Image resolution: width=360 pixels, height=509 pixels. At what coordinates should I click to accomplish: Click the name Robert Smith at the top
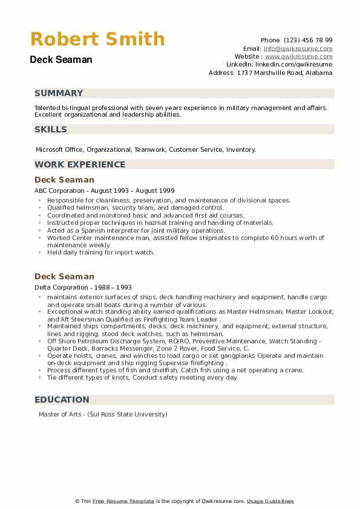click(97, 39)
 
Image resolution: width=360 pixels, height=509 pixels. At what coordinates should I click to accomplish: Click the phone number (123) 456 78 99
click(308, 40)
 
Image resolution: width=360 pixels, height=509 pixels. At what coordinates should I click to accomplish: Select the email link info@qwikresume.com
click(298, 48)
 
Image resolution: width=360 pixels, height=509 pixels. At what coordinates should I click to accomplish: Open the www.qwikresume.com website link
click(299, 56)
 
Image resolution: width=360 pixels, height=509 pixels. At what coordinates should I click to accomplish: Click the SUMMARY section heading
click(59, 93)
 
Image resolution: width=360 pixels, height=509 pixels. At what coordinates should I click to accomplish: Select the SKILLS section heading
click(51, 129)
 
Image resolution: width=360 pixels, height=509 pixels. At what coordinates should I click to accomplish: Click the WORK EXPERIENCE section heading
click(80, 164)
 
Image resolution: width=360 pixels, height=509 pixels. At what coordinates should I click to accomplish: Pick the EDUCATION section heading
click(62, 400)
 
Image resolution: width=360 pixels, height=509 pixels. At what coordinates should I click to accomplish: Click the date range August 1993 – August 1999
click(126, 190)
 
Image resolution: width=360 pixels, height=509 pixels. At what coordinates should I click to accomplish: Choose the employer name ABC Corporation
click(59, 190)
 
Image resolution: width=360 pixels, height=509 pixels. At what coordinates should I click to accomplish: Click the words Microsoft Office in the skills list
click(59, 149)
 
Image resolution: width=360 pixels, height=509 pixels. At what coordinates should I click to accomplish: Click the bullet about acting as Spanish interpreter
click(136, 230)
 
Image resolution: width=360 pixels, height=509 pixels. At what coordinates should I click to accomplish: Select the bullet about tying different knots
click(142, 377)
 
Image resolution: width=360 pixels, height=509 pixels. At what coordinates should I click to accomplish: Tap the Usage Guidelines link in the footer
click(270, 501)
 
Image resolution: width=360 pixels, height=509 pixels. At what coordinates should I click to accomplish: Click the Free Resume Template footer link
click(123, 501)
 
